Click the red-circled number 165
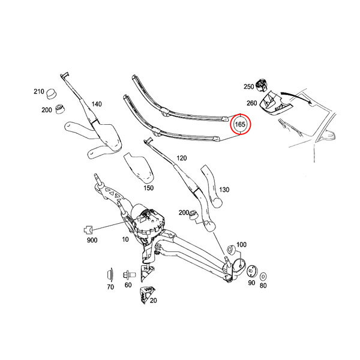pos(240,124)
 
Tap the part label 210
pos(39,91)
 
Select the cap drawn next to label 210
pos(52,94)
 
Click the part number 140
pos(97,104)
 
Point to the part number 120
pos(182,158)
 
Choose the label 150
pos(149,188)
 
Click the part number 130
pos(224,190)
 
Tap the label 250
pos(248,86)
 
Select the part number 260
pos(251,103)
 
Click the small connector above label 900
pos(88,229)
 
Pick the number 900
pos(92,240)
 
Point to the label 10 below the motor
pos(125,239)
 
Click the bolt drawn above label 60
pos(129,275)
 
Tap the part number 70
pos(110,287)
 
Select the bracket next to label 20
pos(146,295)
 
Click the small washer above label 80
pos(263,277)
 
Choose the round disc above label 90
pos(252,271)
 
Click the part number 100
pos(241,245)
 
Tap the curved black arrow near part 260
pos(296,97)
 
